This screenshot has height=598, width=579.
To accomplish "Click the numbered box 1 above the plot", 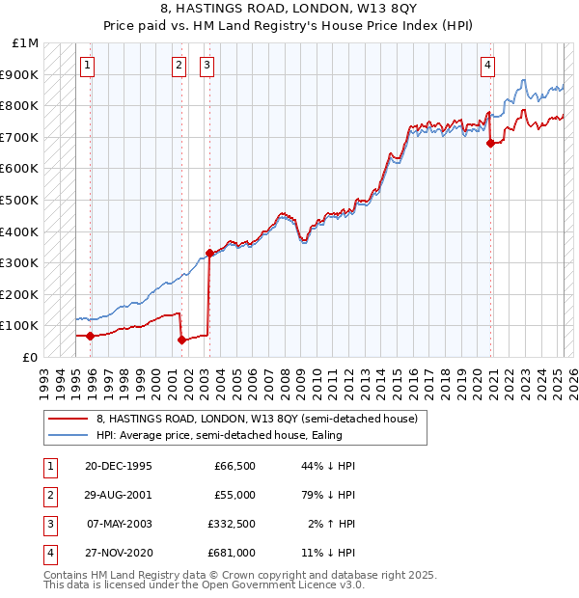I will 88,66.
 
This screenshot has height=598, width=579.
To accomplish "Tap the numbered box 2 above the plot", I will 179,66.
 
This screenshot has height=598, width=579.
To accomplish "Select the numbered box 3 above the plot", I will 207,66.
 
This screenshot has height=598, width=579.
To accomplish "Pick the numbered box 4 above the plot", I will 488,66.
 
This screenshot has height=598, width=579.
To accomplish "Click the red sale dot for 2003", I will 209,253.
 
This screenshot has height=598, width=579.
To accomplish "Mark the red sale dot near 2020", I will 491,143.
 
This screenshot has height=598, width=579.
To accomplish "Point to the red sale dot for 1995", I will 91,336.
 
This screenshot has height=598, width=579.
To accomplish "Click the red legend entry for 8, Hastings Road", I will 257,419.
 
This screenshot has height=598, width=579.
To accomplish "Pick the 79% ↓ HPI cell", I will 332,494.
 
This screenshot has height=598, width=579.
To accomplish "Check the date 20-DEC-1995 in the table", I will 118,466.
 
